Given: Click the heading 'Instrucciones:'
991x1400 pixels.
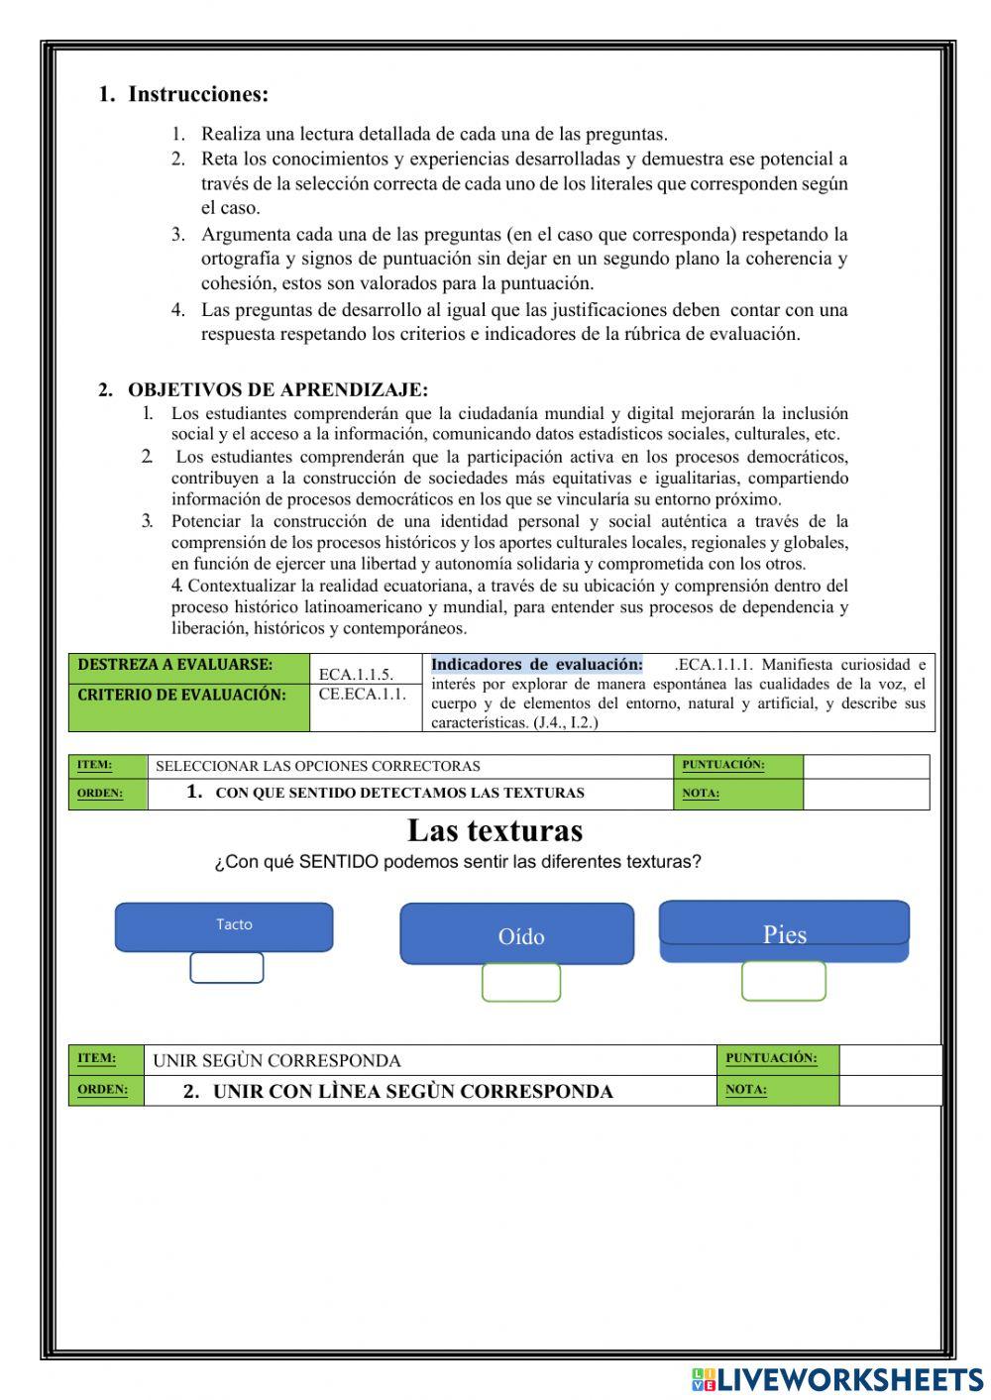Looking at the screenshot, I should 198,95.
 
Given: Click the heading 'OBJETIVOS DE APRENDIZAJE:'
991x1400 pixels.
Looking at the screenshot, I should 277,389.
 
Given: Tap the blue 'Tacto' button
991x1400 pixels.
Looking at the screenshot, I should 224,925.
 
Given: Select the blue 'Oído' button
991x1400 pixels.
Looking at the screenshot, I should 516,934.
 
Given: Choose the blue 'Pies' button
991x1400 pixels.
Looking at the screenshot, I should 784,931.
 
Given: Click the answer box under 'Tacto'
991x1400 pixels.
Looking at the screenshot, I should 227,968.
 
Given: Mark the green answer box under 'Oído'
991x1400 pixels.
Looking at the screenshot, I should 521,983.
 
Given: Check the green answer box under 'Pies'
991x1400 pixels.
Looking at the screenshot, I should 783,981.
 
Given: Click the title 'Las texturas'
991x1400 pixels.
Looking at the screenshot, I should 495,830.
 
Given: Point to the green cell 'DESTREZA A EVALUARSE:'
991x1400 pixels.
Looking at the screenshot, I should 175,666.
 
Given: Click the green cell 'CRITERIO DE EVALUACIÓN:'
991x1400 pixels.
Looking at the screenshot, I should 181,695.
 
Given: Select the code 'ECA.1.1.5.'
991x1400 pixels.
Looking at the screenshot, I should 356,675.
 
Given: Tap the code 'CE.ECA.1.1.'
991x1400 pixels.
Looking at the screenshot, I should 363,695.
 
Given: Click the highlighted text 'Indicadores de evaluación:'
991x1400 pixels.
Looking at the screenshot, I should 537,665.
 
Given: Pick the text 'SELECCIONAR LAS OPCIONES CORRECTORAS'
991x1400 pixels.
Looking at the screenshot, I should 318,766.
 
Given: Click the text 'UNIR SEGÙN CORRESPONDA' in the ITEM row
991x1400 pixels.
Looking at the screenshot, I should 276,1061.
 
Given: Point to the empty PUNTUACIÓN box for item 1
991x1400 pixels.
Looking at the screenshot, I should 865,766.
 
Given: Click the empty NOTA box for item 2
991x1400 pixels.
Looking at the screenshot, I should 889,1090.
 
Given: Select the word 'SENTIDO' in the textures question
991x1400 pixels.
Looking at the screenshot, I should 339,862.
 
